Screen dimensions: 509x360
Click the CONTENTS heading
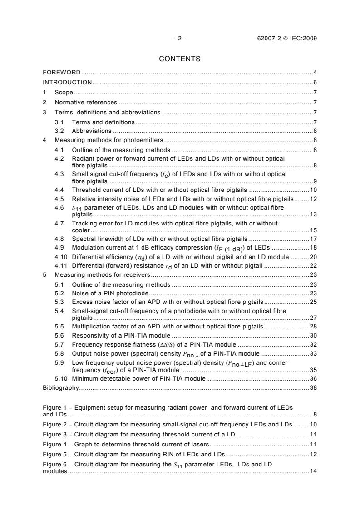pos(180,59)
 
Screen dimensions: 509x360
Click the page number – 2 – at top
pos(180,38)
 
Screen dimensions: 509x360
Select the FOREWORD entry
pos(62,73)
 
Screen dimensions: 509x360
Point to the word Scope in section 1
pos(64,93)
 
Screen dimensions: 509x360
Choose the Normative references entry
pos(86,103)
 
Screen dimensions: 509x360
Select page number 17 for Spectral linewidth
pos(313,238)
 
